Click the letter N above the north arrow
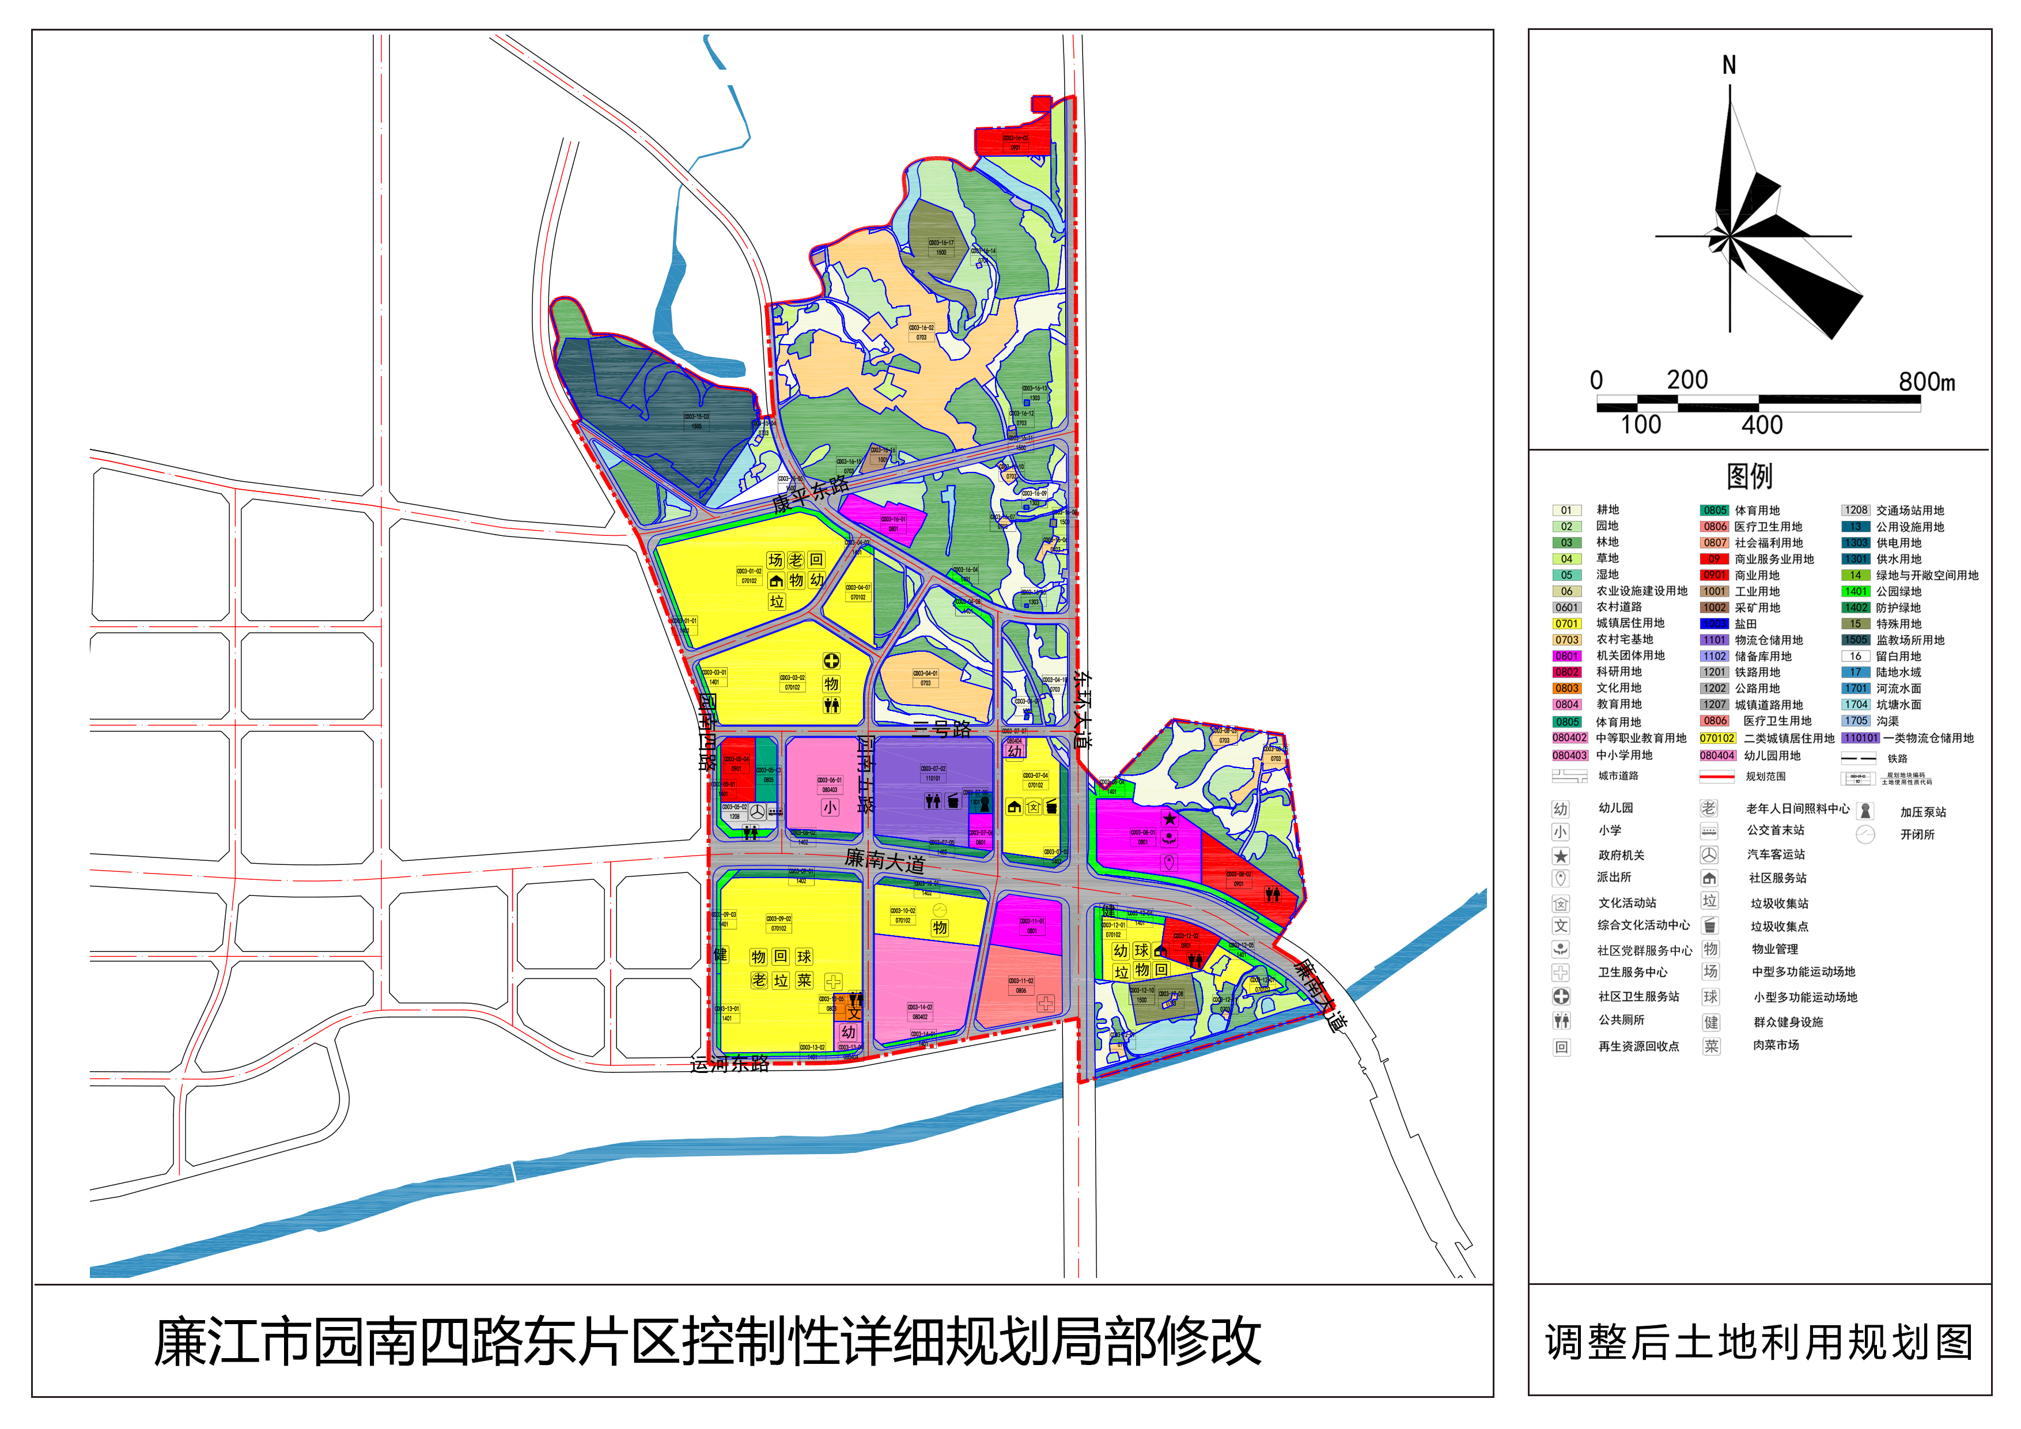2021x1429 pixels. coord(1729,65)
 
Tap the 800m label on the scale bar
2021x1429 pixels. coord(1926,382)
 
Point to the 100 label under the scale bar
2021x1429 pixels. coord(1641,425)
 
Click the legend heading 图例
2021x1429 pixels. coord(1749,477)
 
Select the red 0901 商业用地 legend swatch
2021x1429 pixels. coord(1714,575)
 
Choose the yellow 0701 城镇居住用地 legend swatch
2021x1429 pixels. coord(1566,623)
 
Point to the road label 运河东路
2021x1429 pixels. coord(730,1064)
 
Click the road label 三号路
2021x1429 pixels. coord(942,729)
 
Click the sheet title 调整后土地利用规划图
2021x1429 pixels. coord(1759,1343)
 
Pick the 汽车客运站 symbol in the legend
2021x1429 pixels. coord(1709,854)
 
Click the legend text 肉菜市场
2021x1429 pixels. coord(1776,1045)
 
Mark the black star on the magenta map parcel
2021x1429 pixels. coord(1169,819)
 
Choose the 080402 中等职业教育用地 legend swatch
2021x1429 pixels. coord(1569,738)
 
